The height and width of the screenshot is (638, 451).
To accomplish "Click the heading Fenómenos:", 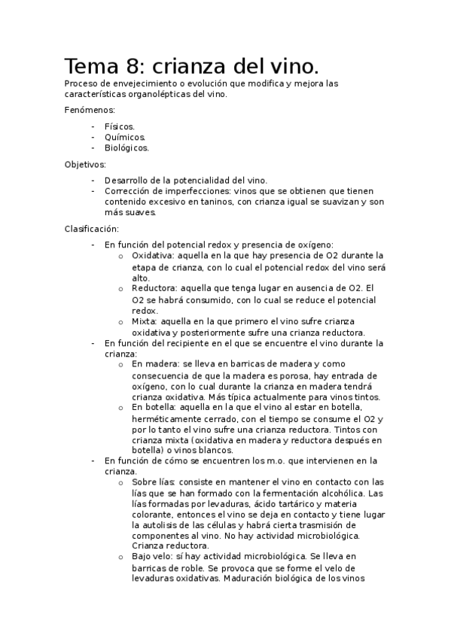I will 90,111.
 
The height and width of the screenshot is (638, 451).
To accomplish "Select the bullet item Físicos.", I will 120,126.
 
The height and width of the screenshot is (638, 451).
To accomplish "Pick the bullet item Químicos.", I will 125,137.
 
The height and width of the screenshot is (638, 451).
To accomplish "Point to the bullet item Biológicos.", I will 126,148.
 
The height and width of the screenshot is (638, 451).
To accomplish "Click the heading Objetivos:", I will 86,164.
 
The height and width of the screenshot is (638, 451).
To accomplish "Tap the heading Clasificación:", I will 91,228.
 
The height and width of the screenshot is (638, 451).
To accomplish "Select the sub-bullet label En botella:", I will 155,407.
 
